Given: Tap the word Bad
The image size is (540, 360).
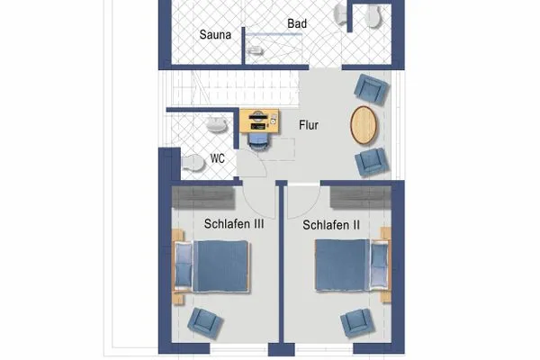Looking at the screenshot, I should (297, 23).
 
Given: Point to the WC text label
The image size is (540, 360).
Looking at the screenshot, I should (217, 158).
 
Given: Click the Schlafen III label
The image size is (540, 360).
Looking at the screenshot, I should (233, 224).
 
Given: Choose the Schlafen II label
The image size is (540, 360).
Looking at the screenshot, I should (331, 224).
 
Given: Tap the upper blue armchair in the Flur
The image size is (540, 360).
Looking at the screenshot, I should (371, 88).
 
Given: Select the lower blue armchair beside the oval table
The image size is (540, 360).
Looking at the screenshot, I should (371, 162).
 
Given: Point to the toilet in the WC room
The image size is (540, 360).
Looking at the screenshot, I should (192, 162).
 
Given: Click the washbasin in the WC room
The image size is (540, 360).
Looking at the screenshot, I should (217, 126).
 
